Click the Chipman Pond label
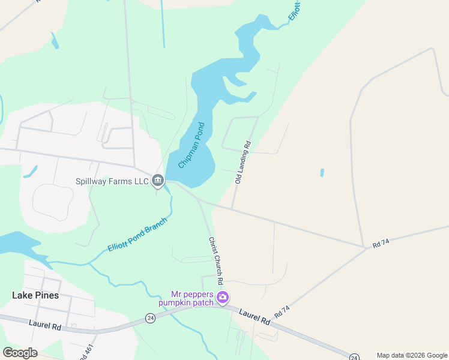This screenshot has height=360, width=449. (x=191, y=145)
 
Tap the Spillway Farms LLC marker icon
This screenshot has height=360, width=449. (x=158, y=179)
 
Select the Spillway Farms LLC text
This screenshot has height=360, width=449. (x=112, y=180)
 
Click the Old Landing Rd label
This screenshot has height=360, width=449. (x=243, y=163)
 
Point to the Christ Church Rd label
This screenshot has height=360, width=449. (x=216, y=260)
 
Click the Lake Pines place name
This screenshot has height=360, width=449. (x=35, y=295)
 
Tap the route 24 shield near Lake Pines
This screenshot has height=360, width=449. (x=150, y=318)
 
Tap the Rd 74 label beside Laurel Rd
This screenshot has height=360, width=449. (x=282, y=311)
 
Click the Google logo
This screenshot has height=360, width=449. (x=20, y=353)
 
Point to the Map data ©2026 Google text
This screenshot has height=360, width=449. (x=412, y=355)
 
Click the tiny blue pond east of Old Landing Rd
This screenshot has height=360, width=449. (x=322, y=173)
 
